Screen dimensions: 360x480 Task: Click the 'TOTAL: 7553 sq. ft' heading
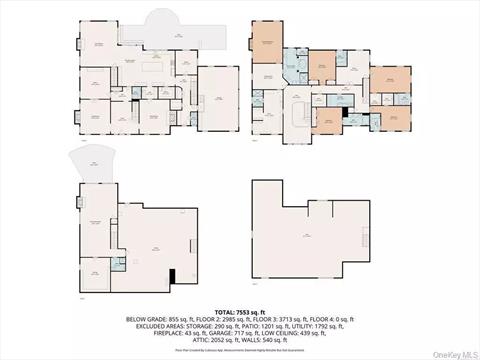tap(240, 311)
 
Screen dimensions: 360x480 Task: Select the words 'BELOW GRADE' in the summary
tap(144, 319)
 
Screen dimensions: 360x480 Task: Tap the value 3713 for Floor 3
tap(283, 319)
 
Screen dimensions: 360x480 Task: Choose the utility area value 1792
tap(326, 326)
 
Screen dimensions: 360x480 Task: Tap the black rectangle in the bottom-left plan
tap(172, 277)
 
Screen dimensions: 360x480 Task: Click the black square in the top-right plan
tap(344, 114)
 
